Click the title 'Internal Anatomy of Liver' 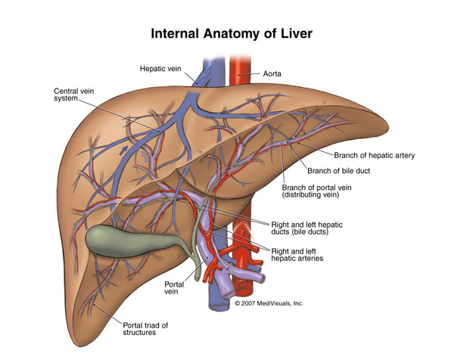click(232, 33)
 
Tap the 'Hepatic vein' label click(160, 69)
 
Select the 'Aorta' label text click(272, 74)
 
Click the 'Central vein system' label click(74, 95)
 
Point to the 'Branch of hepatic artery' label click(375, 155)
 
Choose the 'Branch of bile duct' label click(339, 171)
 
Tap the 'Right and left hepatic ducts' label click(306, 228)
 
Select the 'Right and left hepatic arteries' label click(297, 255)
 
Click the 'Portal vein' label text click(174, 287)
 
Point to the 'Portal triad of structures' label click(145, 329)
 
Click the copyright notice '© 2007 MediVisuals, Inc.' click(269, 303)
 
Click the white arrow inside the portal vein click(204, 246)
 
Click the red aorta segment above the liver click(240, 70)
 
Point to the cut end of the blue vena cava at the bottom click(219, 306)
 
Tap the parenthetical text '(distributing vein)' click(310, 195)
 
